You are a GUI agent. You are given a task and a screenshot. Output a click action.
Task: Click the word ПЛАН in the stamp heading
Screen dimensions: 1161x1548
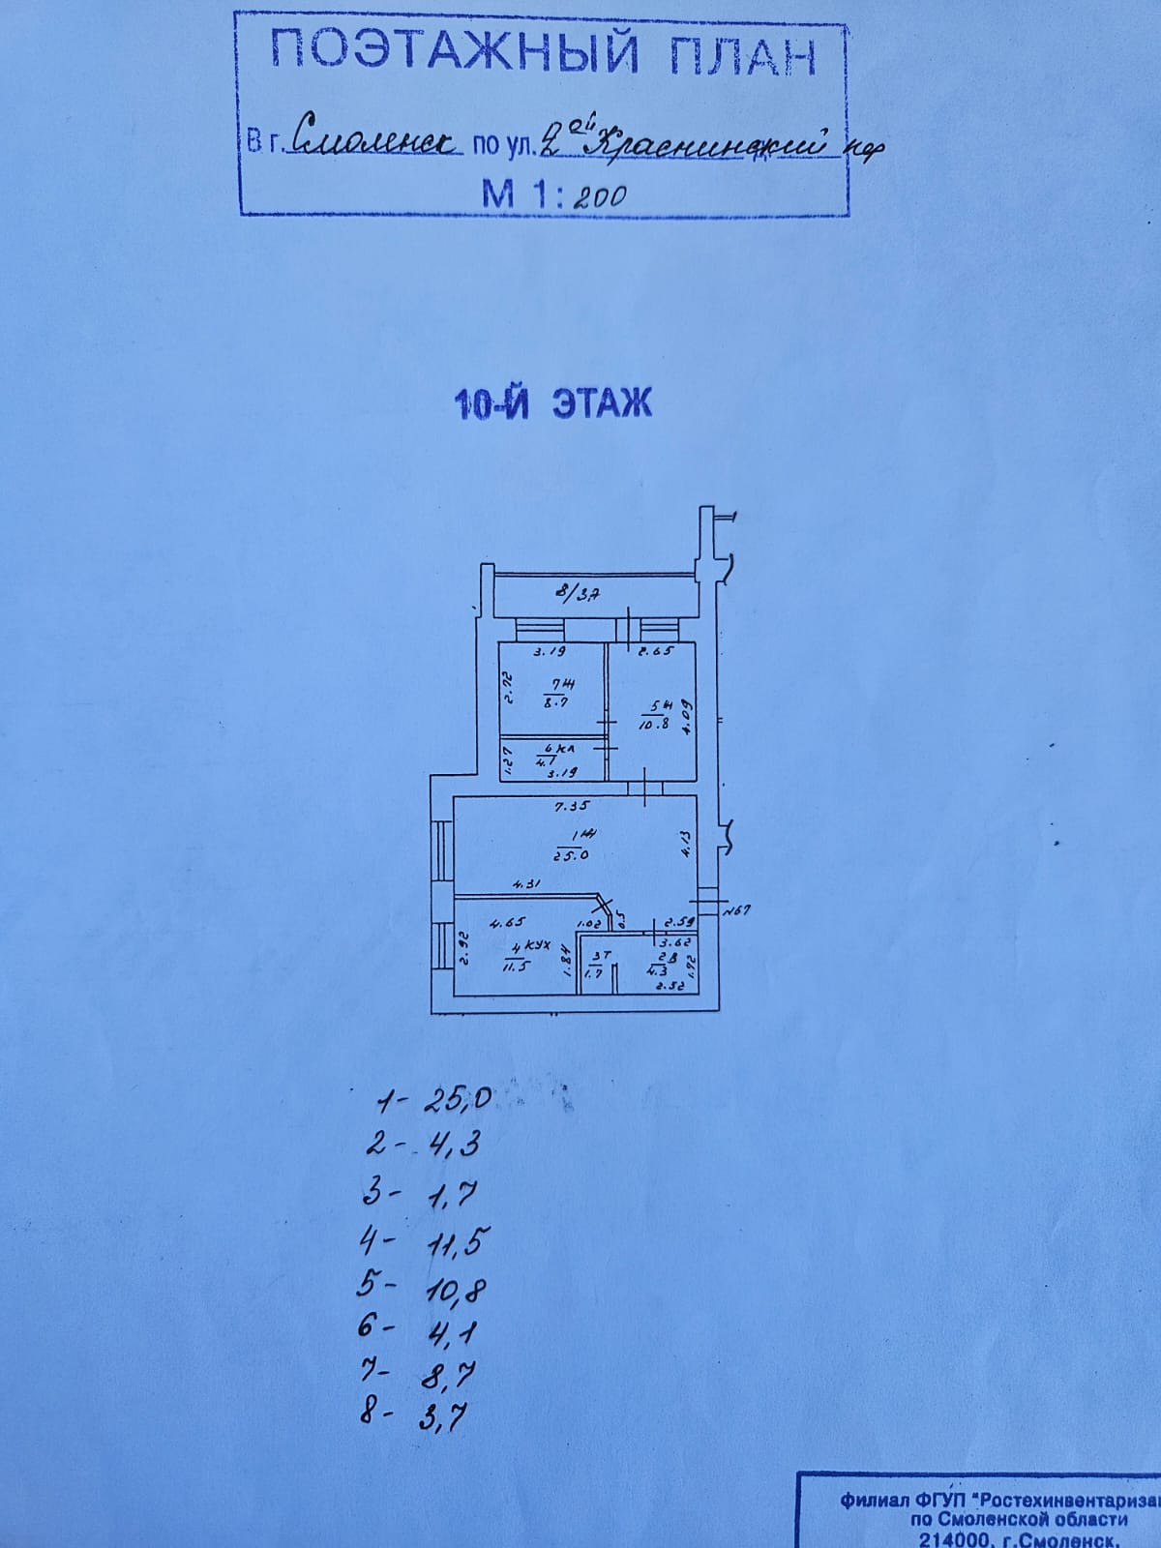click(737, 56)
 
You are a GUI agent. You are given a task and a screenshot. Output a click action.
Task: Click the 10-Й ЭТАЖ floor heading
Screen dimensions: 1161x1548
click(552, 402)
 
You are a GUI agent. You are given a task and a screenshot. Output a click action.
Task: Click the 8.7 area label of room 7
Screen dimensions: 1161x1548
click(555, 703)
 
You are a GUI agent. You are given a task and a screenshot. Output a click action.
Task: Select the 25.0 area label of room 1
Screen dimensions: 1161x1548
click(572, 854)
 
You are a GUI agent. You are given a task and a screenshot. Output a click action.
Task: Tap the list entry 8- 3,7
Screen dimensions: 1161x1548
click(416, 1419)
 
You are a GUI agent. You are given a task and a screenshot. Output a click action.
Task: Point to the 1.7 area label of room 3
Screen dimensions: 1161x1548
click(594, 973)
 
